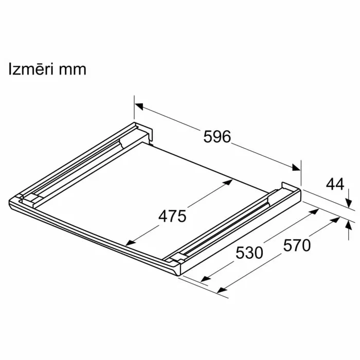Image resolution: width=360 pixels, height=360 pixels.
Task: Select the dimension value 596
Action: click(x=217, y=137)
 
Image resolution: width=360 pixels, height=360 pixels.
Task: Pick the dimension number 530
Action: click(x=249, y=253)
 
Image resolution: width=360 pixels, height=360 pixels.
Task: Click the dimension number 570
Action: click(x=297, y=246)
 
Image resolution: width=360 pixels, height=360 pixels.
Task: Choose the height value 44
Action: click(x=335, y=184)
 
